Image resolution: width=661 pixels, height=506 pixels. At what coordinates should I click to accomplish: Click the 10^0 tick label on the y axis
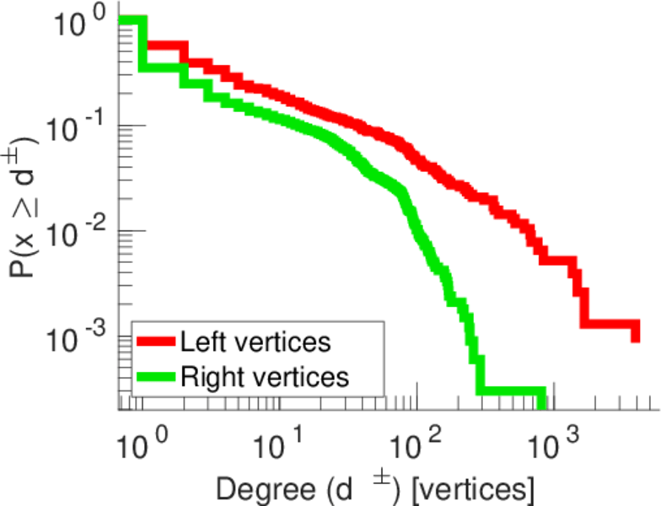point(78,23)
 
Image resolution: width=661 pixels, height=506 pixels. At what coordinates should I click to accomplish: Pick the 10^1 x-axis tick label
point(278,439)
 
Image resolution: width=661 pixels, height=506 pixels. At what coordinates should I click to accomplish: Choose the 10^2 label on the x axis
point(416,439)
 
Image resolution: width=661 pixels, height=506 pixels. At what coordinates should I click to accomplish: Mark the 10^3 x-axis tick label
point(553,439)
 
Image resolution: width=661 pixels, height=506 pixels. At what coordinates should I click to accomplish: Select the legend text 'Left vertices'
point(255,342)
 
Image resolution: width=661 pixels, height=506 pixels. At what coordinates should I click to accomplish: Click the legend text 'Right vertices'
point(264,376)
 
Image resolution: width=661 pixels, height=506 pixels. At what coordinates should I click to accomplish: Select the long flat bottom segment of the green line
point(510,390)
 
